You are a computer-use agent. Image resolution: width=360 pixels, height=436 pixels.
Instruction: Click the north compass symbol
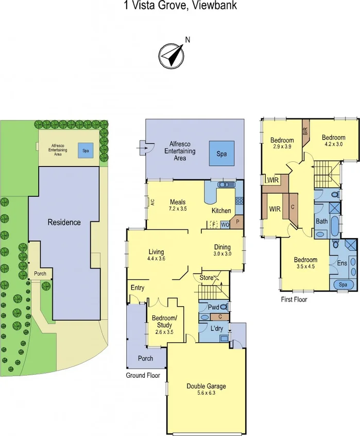pos(172,53)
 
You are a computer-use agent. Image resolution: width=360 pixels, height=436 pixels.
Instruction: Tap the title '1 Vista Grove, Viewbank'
pos(180,6)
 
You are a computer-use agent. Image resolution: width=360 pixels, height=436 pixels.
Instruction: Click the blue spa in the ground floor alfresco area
pos(221,154)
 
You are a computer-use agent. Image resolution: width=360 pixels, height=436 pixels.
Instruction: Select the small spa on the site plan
pos(84,150)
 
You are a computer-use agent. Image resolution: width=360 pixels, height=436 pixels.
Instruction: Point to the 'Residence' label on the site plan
pos(64,223)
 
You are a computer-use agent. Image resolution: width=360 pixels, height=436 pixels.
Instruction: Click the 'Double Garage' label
pos(205,386)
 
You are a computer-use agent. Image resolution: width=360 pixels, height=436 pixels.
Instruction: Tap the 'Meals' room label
pos(178,202)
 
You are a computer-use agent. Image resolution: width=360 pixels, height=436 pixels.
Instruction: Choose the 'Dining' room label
pos(222,247)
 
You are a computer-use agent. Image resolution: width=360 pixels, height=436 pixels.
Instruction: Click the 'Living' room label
pos(156,252)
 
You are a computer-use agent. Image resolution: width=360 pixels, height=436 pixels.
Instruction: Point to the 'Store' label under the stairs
pos(207,278)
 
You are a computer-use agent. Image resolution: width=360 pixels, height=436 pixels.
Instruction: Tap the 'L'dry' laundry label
pos(216,328)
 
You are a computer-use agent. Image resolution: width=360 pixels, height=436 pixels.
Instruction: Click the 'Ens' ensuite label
pos(341,263)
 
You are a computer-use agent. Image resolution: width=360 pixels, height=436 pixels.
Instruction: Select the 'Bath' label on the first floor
pos(322,222)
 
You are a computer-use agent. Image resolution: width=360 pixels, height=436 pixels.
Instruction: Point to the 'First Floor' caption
pos(294,299)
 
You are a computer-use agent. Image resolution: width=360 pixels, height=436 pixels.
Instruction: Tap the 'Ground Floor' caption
pos(143,376)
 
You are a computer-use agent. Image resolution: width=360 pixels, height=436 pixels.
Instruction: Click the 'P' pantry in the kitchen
pos(238,222)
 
